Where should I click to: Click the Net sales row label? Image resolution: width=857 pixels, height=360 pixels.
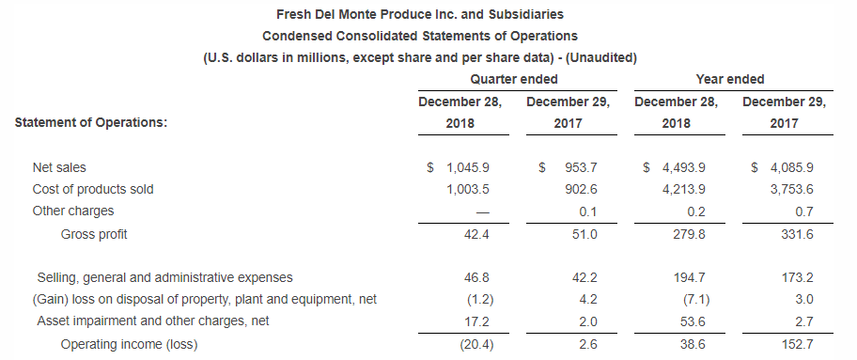(x=59, y=167)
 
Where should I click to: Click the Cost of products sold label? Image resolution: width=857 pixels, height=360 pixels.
(x=93, y=189)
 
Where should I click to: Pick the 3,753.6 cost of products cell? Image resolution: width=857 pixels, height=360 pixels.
(x=792, y=189)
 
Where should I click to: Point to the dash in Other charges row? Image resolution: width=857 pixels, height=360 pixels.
(x=483, y=211)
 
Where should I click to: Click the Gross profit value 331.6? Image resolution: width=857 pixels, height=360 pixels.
(x=797, y=234)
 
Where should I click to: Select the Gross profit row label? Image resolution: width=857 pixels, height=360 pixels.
(x=94, y=234)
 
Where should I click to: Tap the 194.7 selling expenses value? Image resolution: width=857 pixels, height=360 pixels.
(x=691, y=277)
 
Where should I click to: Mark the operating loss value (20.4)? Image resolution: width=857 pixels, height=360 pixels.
(x=475, y=345)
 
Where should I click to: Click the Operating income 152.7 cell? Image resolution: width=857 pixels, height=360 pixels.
(x=797, y=345)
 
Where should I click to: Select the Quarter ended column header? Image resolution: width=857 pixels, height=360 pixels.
(x=514, y=80)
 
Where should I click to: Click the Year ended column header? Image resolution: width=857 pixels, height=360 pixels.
(x=730, y=80)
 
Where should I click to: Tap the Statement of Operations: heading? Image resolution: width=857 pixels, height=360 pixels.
(x=91, y=122)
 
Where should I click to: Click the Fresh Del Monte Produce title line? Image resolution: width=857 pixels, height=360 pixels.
(x=421, y=16)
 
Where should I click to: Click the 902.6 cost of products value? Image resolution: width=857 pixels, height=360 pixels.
(x=581, y=189)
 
